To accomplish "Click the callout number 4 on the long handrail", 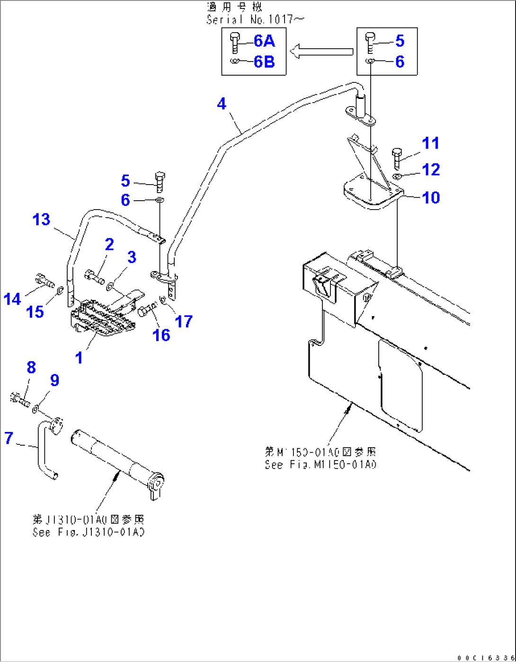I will pos(222,104).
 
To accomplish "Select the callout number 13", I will pos(41,220).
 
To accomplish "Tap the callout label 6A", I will pos(264,41).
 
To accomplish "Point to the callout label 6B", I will pos(264,62).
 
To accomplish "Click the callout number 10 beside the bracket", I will pos(431,197).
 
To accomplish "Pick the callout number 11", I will pos(430,143).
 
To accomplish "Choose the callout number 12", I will pos(431,169).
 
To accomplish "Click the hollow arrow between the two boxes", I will pos(321,51).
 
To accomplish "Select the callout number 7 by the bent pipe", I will pos(9,438).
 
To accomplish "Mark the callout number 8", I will pos(31,367).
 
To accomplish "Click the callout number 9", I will pos(55,380).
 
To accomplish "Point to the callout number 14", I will pos(12,299).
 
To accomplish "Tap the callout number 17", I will pos(184,321).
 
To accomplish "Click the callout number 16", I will pos(161,335).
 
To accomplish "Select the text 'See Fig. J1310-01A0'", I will pos(88,532).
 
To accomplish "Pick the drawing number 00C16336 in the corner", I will pos(485,658).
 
